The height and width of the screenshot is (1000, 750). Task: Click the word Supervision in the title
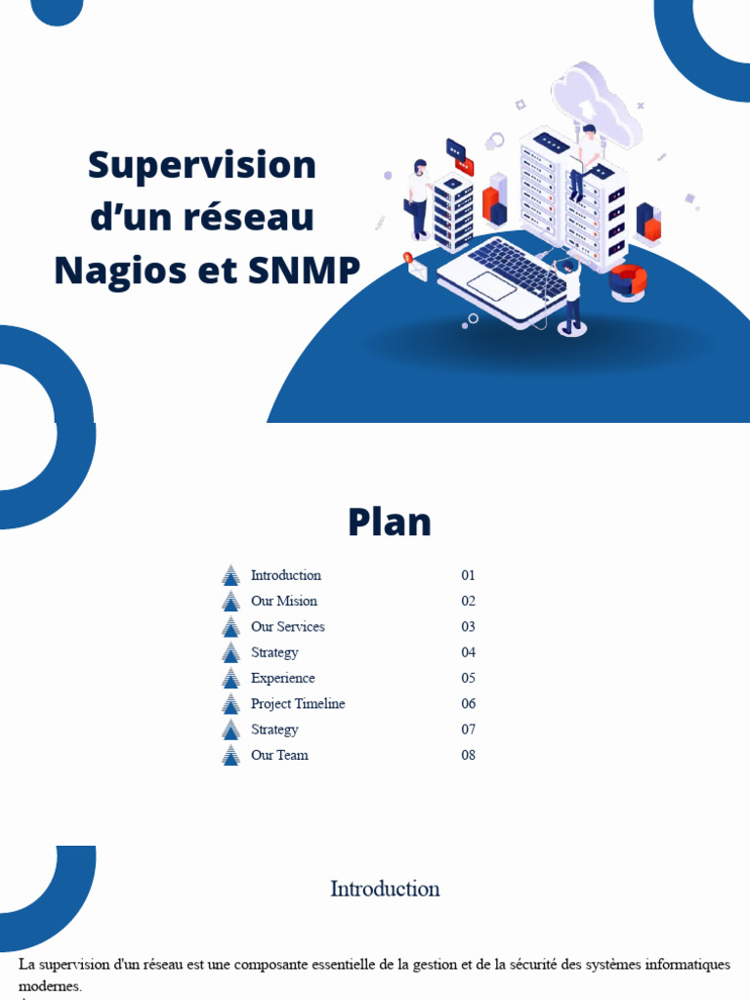tap(202, 164)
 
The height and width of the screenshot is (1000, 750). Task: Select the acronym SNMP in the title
tap(304, 270)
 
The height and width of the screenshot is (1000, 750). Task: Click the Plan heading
tap(389, 521)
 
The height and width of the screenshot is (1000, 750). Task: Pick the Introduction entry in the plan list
tap(285, 575)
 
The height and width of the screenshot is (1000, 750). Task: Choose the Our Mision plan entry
tap(283, 601)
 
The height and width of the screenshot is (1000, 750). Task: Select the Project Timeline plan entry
tap(297, 703)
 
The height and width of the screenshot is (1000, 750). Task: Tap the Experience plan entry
tap(282, 678)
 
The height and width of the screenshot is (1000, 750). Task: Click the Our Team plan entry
tap(279, 755)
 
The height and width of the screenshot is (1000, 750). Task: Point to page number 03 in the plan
tap(468, 626)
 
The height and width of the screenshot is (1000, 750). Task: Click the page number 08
tap(468, 755)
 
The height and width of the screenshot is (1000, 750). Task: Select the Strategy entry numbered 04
tap(274, 652)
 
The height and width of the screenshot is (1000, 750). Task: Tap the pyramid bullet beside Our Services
tap(230, 626)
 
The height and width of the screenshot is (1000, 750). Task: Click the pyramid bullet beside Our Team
tap(230, 755)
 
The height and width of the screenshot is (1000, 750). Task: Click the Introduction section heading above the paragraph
tap(385, 889)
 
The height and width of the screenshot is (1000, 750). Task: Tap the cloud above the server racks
tap(596, 103)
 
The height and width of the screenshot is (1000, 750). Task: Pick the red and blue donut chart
tap(628, 280)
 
